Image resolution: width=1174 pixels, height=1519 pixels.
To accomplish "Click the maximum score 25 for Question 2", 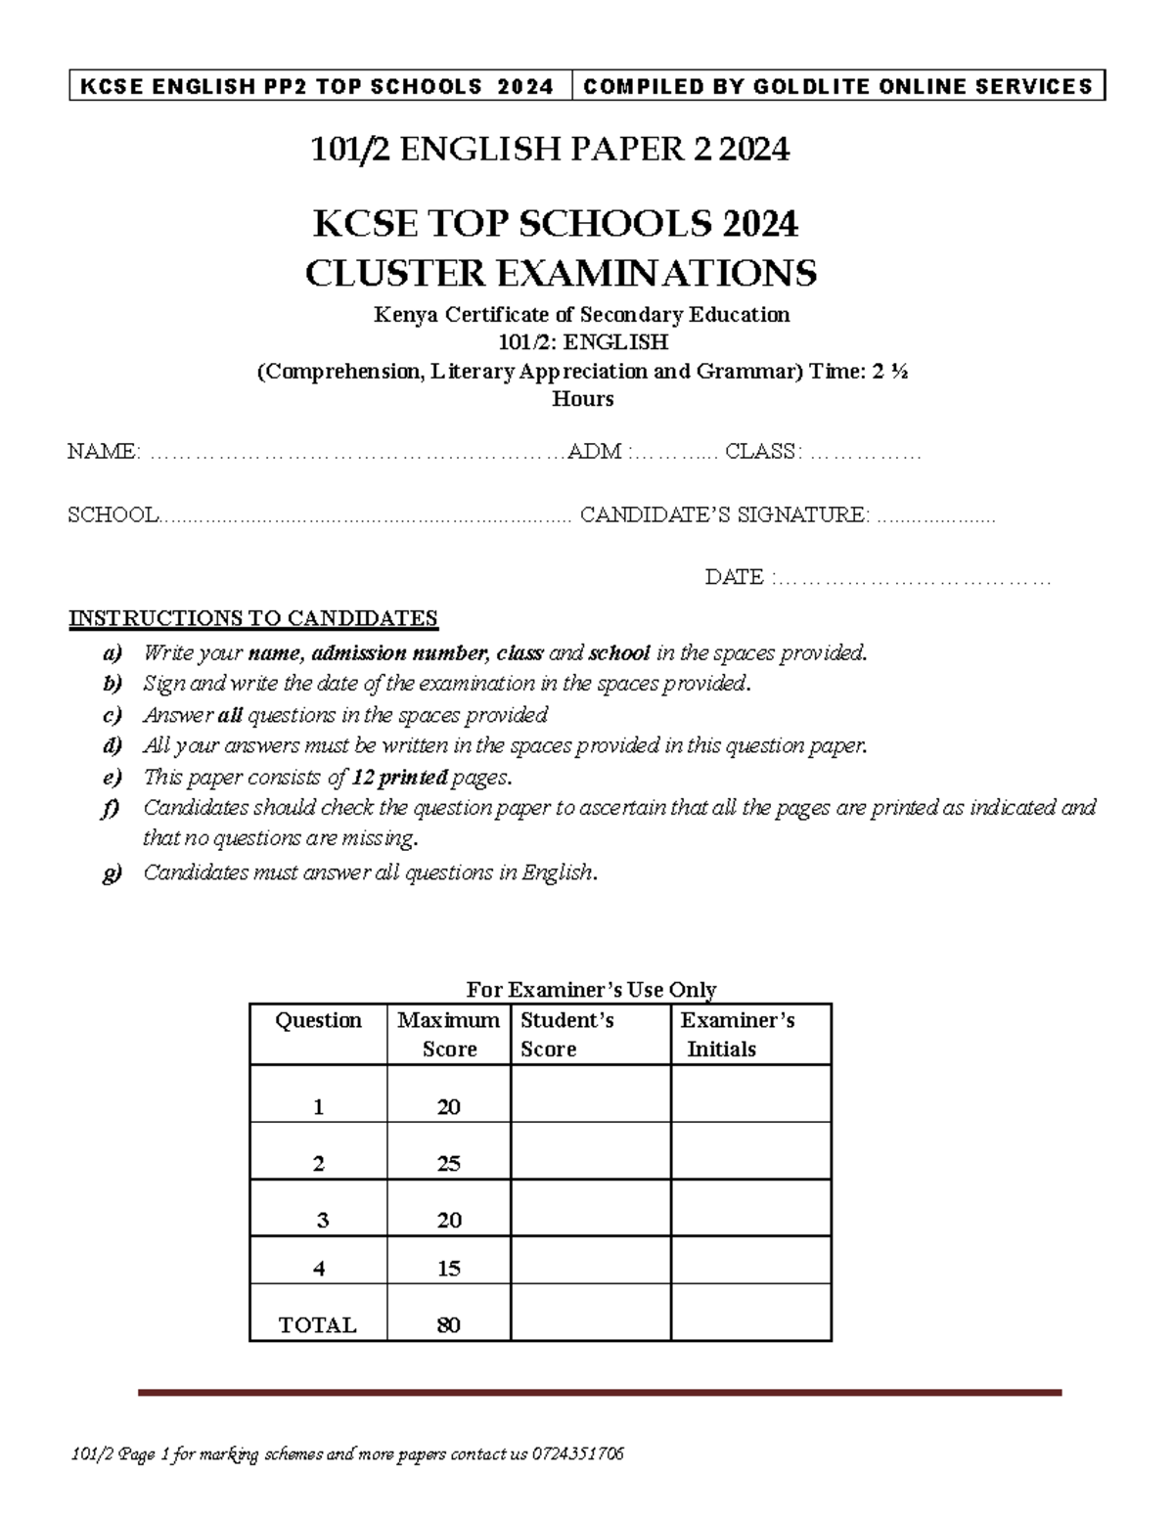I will pos(448,1163).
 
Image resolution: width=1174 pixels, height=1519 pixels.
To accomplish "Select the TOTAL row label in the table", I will pos(318,1324).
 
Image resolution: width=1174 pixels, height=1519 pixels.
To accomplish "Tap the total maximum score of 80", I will pos(448,1324).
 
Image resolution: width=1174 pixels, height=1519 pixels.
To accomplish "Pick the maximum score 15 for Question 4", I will pos(448,1268).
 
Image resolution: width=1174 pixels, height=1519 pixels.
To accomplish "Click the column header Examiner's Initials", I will pos(737,1034).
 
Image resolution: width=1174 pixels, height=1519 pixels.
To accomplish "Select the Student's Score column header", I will pos(566,1034).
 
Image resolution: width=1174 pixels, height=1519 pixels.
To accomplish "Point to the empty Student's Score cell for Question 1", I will pos(590,1094).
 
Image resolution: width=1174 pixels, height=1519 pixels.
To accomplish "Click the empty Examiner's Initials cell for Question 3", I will pos(750,1208).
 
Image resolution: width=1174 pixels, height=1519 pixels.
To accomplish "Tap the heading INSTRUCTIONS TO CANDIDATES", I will pos(252,618).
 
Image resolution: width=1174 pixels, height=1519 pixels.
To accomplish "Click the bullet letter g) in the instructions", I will pos(113,872).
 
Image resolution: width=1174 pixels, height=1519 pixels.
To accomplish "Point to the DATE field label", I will pos(735,577).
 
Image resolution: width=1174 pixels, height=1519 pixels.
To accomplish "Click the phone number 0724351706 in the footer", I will pos(578,1453).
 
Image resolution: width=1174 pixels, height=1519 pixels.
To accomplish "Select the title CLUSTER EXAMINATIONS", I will pos(561,273).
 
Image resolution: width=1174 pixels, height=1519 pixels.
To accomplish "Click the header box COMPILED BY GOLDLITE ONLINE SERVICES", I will pos(838,86).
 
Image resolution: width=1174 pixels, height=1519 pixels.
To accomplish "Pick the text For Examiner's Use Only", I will pos(591,989).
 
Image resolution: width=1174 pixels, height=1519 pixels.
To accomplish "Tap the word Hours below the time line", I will pos(583,398).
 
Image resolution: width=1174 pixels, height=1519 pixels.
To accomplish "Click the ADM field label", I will pos(595,451).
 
